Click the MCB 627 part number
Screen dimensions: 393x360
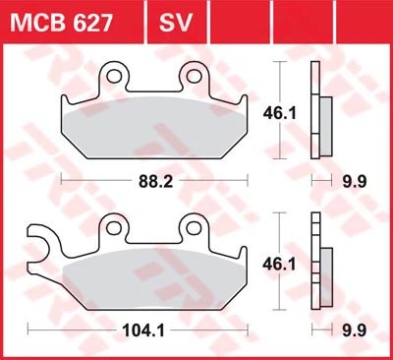click(x=62, y=23)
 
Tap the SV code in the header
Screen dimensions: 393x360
click(x=175, y=23)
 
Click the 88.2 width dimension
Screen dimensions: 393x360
click(x=155, y=181)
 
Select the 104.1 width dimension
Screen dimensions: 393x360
click(x=143, y=330)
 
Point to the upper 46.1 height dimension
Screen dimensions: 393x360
click(x=279, y=113)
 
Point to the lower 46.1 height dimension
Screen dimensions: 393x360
click(x=279, y=265)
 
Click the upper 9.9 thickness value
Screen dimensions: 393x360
click(x=355, y=181)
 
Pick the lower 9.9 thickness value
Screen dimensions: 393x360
click(x=355, y=330)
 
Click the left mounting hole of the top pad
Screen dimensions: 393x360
click(x=114, y=76)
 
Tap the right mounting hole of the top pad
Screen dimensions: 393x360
click(x=193, y=76)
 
